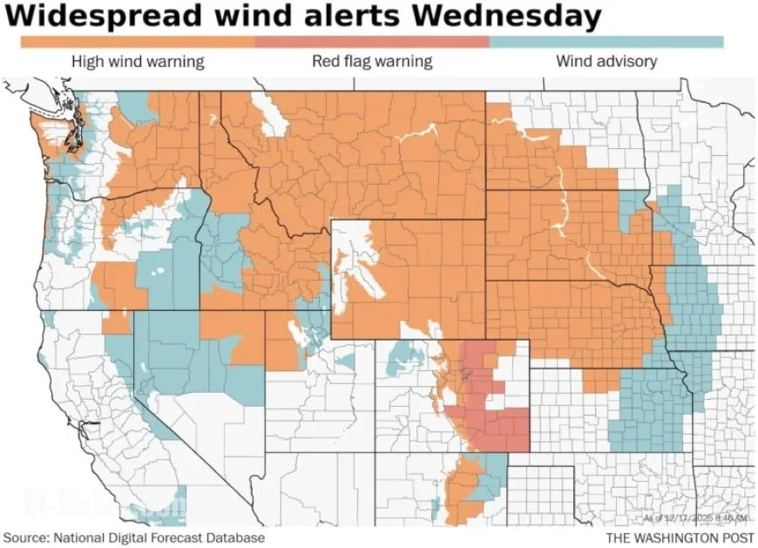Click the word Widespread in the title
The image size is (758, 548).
pyautogui.click(x=95, y=17)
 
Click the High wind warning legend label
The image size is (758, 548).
pyautogui.click(x=138, y=61)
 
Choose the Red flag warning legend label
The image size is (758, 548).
pyautogui.click(x=372, y=61)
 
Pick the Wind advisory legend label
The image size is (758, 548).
pyautogui.click(x=606, y=61)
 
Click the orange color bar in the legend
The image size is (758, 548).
pyautogui.click(x=137, y=42)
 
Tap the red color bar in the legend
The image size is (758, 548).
pyautogui.click(x=372, y=42)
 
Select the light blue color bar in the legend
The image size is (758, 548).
pyautogui.click(x=606, y=42)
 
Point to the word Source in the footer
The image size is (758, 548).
pyautogui.click(x=26, y=538)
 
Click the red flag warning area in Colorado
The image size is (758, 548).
pyautogui.click(x=497, y=427)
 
